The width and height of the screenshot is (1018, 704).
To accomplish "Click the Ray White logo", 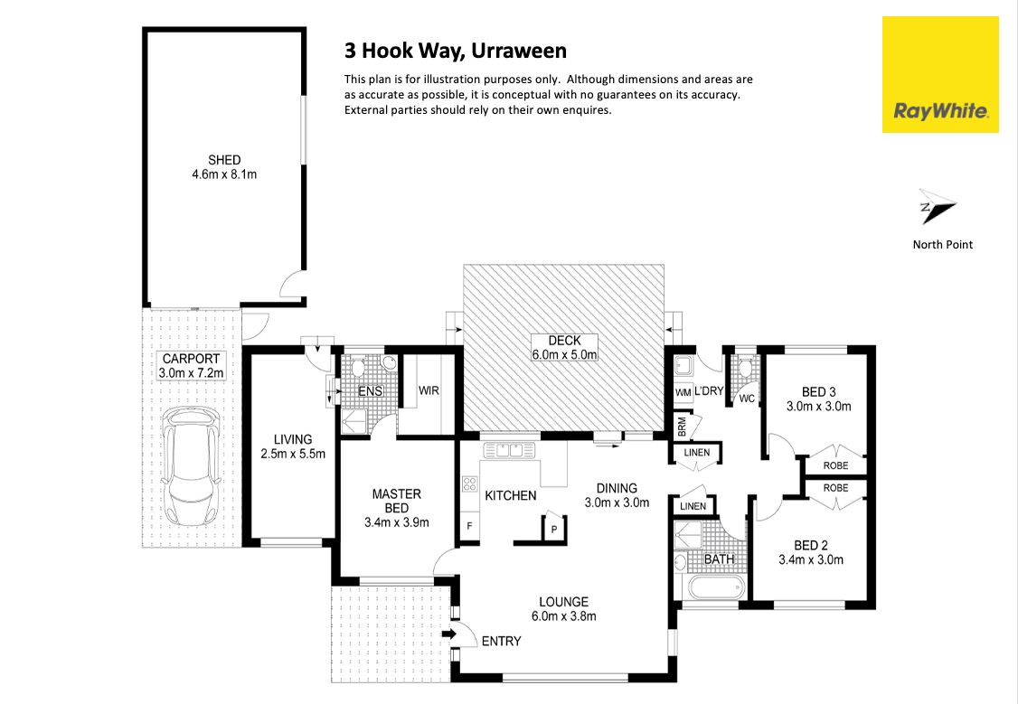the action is pyautogui.click(x=940, y=75).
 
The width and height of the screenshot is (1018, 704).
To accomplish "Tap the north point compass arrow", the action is pyautogui.click(x=937, y=207).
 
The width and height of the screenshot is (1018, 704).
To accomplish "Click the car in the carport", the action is pyautogui.click(x=190, y=466).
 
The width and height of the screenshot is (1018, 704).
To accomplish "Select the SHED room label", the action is pyautogui.click(x=224, y=160).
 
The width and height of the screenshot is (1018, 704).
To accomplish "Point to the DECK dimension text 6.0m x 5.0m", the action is pyautogui.click(x=565, y=355).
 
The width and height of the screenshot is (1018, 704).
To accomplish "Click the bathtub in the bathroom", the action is pyautogui.click(x=715, y=588).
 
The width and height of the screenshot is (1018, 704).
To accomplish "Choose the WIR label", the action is pyautogui.click(x=429, y=390).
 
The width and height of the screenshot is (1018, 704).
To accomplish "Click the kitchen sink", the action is pyautogui.click(x=510, y=450).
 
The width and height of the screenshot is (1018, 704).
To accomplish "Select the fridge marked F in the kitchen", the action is pyautogui.click(x=469, y=526).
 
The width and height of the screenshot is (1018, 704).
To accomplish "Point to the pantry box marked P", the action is pyautogui.click(x=554, y=527).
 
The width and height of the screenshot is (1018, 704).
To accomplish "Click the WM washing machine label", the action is pyautogui.click(x=683, y=392).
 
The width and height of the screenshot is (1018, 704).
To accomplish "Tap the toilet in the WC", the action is pyautogui.click(x=745, y=369).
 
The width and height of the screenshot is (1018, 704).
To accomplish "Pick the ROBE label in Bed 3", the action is pyautogui.click(x=835, y=466).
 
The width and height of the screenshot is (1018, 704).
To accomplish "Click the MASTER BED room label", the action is pyautogui.click(x=397, y=501).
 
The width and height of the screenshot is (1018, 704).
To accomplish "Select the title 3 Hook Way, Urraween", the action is pyautogui.click(x=456, y=51).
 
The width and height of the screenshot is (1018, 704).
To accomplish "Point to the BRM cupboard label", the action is pyautogui.click(x=682, y=427).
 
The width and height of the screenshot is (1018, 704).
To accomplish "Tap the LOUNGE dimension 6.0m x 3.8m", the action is pyautogui.click(x=564, y=616).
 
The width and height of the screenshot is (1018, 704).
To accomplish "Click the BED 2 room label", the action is pyautogui.click(x=811, y=546).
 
